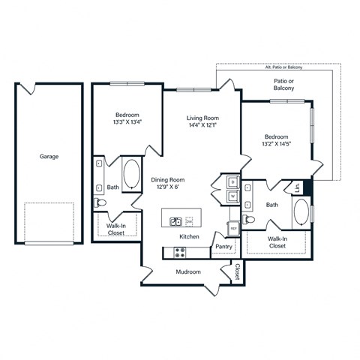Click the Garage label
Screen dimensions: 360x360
coord(49,157)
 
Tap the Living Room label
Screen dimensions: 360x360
coord(202,118)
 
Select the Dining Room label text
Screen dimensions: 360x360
coord(168,180)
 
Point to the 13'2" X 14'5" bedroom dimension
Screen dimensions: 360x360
coord(277,143)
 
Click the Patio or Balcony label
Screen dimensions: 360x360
coord(283,83)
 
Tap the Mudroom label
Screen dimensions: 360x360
coord(188,271)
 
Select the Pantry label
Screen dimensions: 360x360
coord(223,246)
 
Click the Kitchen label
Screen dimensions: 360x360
coord(189,236)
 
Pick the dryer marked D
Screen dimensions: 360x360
coord(232,182)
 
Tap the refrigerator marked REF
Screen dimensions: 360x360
coord(233,228)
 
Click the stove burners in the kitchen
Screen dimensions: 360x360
coord(180,251)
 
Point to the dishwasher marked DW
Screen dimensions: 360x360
coord(189,221)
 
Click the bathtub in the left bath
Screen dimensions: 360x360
coord(130,174)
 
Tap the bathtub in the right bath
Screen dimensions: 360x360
coord(301,214)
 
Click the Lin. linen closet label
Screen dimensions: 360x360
coord(298,188)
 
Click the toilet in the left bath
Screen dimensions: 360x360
coord(100,202)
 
